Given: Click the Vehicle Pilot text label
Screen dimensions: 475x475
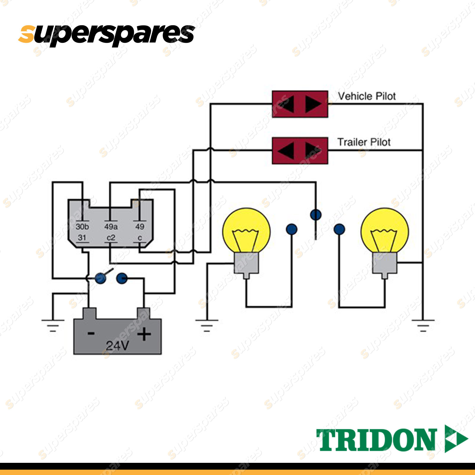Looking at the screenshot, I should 367,96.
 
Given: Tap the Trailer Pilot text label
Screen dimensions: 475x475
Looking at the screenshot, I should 364,142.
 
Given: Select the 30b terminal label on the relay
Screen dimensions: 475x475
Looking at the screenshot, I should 82,227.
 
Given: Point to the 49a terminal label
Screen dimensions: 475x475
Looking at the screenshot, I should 111,227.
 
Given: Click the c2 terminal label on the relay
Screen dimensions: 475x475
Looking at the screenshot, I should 111,238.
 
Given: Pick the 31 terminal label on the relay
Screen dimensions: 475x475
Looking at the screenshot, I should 82,238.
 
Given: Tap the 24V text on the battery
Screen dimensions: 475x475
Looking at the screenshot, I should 117,346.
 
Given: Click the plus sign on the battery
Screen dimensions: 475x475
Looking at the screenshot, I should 144,334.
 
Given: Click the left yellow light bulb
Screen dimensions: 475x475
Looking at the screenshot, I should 246,230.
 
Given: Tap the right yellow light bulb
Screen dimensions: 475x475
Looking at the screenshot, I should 384,230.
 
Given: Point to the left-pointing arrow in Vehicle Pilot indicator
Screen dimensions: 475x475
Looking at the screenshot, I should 286,104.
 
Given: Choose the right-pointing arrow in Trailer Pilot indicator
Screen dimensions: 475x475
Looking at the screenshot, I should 313,150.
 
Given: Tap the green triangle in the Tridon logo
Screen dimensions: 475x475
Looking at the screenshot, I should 456,438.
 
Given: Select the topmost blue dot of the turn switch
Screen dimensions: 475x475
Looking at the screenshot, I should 316,214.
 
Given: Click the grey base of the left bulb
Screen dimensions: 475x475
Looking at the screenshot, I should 246,264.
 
